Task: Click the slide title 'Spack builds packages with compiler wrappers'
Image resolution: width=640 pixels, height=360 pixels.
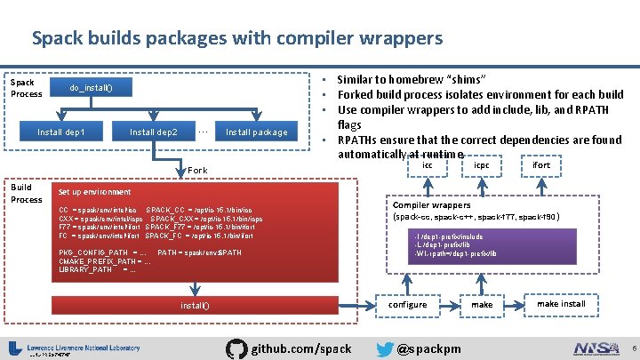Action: (236, 38)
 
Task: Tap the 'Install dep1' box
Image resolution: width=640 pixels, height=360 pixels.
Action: (61, 132)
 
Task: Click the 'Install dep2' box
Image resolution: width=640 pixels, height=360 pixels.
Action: (154, 132)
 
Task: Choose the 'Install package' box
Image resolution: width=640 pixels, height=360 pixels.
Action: (256, 132)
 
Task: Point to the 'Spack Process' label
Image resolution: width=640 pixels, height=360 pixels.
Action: (26, 88)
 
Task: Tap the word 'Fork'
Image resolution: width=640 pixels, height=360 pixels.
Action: (197, 170)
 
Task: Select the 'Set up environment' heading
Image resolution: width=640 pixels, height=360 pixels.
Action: (94, 192)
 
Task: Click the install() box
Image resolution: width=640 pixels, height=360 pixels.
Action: (195, 306)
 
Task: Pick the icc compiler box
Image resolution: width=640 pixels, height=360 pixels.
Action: (428, 165)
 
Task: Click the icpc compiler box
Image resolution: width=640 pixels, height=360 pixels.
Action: (481, 165)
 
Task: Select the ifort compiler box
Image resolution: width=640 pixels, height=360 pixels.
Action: (540, 165)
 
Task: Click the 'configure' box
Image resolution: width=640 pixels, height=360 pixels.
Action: (408, 304)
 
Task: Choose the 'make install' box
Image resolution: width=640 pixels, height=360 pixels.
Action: (560, 304)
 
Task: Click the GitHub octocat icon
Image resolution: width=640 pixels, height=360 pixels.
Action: (237, 348)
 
